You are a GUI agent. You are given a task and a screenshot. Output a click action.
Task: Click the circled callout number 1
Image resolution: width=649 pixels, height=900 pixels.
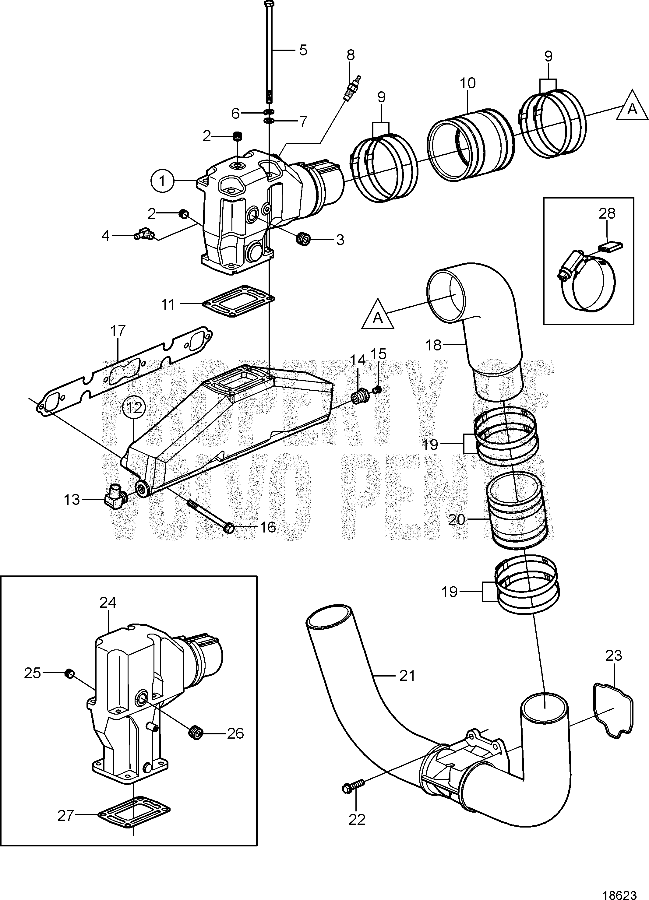(161, 181)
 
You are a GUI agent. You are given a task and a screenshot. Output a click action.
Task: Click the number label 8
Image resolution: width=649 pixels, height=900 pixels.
(351, 55)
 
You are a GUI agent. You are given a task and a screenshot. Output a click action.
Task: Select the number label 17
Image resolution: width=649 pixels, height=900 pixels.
(118, 331)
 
